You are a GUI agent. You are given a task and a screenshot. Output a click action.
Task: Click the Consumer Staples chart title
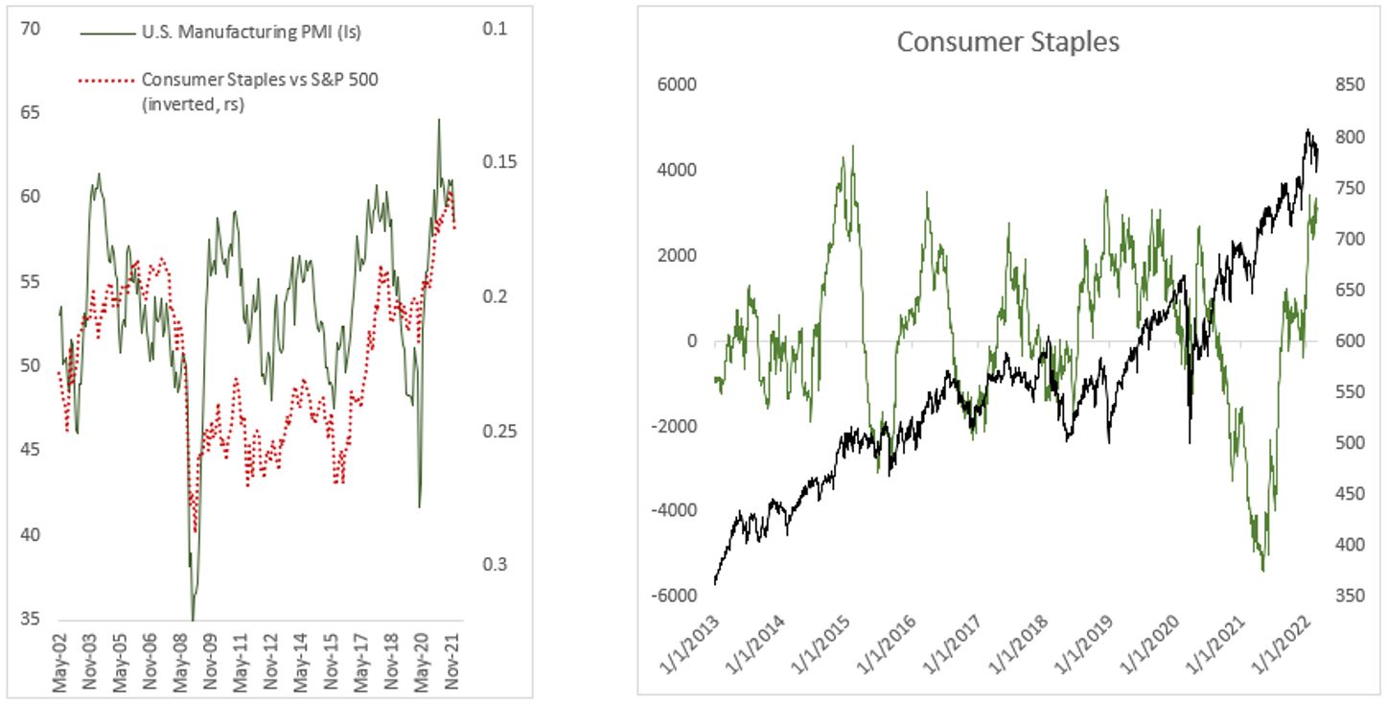tap(1007, 42)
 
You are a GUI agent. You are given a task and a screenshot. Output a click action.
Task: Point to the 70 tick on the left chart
tap(30, 30)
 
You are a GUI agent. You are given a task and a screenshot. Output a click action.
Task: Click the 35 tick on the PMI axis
tap(30, 620)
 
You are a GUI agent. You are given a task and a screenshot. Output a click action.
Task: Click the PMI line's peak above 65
tap(439, 120)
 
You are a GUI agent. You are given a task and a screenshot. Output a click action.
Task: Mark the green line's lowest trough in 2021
tap(1263, 570)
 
